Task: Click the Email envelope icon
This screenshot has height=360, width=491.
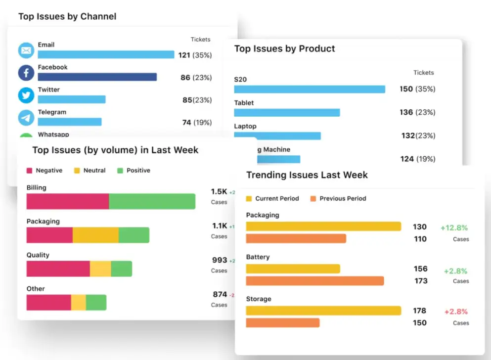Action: (x=26, y=50)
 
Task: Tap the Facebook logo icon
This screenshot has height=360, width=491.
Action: (x=26, y=73)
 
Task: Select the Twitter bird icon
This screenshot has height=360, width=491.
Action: (x=26, y=95)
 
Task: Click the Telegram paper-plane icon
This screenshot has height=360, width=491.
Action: (x=26, y=118)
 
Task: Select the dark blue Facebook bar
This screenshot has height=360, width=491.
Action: (x=97, y=77)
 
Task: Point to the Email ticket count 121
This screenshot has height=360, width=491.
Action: (x=184, y=55)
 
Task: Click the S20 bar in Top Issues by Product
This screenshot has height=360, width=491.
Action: (x=309, y=89)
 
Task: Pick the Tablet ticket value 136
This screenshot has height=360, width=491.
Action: (x=406, y=112)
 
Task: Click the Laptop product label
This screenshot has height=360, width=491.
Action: (x=245, y=126)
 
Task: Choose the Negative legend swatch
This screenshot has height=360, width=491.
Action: (x=29, y=171)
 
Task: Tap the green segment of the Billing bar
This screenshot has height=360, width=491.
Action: (x=152, y=201)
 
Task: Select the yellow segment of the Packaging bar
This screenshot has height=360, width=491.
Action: (x=95, y=235)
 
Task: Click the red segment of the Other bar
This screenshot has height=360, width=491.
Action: (x=48, y=303)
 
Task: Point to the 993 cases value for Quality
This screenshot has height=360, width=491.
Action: (x=220, y=260)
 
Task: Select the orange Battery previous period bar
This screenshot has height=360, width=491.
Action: (x=314, y=281)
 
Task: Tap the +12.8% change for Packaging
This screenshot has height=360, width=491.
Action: (x=454, y=228)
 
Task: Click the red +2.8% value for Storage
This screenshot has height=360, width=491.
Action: (x=455, y=312)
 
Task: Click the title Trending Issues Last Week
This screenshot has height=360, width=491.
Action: (x=307, y=175)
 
